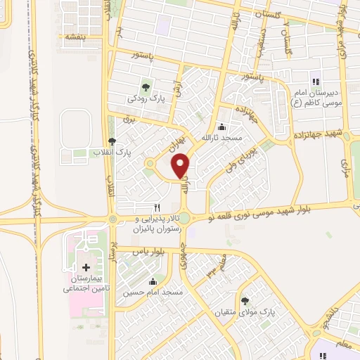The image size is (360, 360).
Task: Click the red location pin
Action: (181, 166)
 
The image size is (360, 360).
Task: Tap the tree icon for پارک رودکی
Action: (146, 87)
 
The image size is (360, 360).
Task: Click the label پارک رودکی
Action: (146, 99)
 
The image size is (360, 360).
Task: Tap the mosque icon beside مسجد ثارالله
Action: (223, 127)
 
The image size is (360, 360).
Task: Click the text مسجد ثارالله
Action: (222, 138)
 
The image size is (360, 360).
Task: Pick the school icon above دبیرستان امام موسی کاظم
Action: (314, 78)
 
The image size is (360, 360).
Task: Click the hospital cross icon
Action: (86, 267)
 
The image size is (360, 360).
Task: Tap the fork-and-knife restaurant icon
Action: (157, 208)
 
